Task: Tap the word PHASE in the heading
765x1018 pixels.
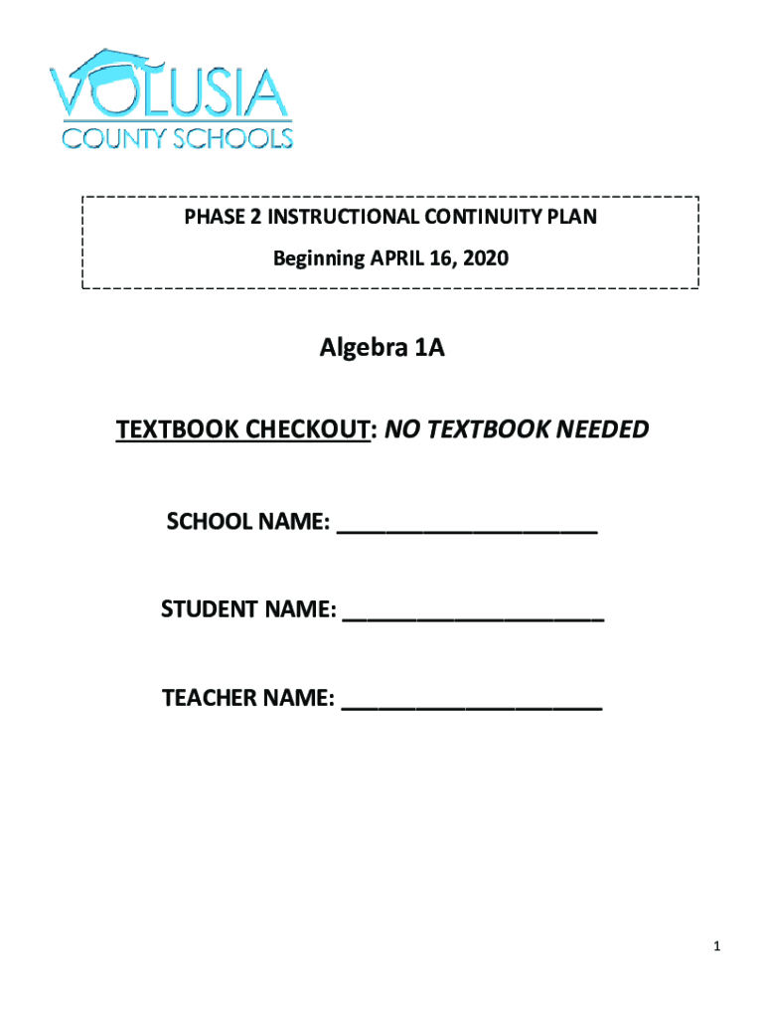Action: click(207, 217)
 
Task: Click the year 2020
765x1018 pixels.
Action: click(486, 259)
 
